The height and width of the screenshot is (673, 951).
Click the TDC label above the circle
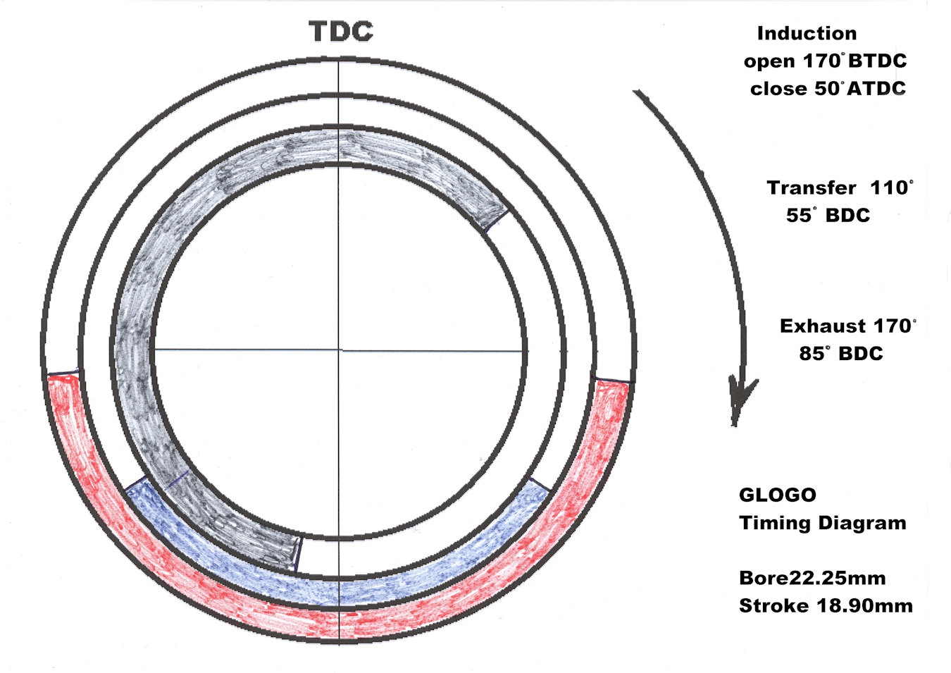[341, 32]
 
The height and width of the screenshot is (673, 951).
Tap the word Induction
[807, 34]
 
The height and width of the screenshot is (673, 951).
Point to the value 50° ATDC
[859, 89]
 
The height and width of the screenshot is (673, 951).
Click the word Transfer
[812, 188]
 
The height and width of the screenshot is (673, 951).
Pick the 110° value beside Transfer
[891, 187]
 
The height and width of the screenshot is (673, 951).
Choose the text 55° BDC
[828, 215]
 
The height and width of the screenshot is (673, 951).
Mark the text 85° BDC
[841, 353]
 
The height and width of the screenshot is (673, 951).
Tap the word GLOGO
[778, 495]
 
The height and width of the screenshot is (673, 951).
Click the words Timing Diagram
[823, 523]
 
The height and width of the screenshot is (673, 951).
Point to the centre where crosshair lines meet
[339, 350]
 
